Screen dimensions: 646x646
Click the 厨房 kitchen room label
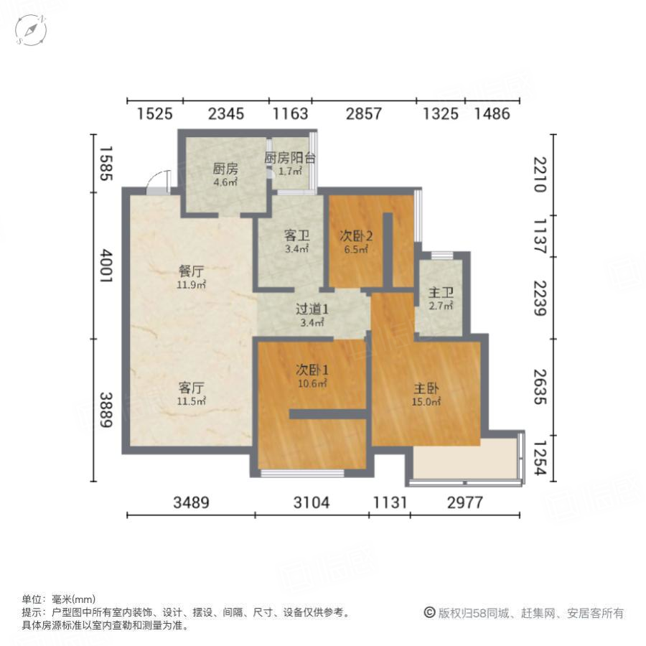(225, 169)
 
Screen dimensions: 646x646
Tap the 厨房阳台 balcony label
(290, 159)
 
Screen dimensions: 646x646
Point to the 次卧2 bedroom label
(356, 235)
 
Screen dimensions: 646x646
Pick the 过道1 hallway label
(312, 310)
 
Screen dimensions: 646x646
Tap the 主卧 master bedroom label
(426, 388)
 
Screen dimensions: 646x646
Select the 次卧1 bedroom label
(312, 370)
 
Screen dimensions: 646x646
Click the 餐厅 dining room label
(192, 271)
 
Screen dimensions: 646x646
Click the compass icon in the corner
(32, 30)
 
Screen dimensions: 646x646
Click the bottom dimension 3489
(190, 503)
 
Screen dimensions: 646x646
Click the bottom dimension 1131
(390, 503)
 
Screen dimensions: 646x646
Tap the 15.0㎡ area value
(426, 402)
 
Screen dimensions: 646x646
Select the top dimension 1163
(290, 113)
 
